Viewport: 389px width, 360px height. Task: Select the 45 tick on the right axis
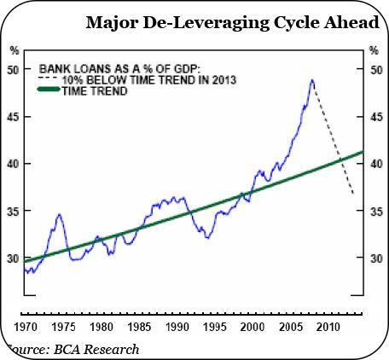[373, 116]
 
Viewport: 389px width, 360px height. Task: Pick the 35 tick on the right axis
[373, 211]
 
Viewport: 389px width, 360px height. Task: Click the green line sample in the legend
[50, 90]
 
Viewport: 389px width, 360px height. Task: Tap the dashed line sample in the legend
[50, 78]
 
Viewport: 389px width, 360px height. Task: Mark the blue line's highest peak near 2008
[312, 80]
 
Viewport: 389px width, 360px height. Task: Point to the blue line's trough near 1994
[207, 237]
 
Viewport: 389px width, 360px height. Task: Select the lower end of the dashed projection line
[354, 195]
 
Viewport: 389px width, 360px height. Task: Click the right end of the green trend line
[363, 153]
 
